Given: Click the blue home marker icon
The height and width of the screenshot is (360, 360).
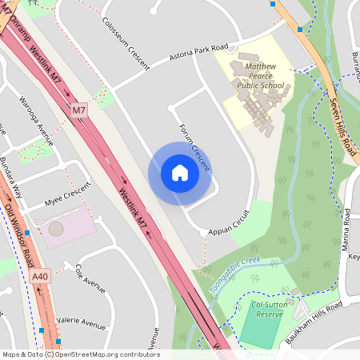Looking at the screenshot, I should pyautogui.click(x=180, y=173).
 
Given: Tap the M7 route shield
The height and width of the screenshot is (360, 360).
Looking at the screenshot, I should pyautogui.click(x=78, y=110).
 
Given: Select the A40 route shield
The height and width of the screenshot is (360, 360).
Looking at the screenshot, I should pyautogui.click(x=40, y=277).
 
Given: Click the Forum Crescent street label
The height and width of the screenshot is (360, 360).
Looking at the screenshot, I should pyautogui.click(x=194, y=147).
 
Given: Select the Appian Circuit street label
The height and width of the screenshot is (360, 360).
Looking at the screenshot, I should pyautogui.click(x=229, y=223).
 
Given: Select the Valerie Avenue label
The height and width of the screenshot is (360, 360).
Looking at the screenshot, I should pyautogui.click(x=82, y=323).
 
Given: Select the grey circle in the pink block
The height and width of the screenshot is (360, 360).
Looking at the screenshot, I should pyautogui.click(x=55, y=229).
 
